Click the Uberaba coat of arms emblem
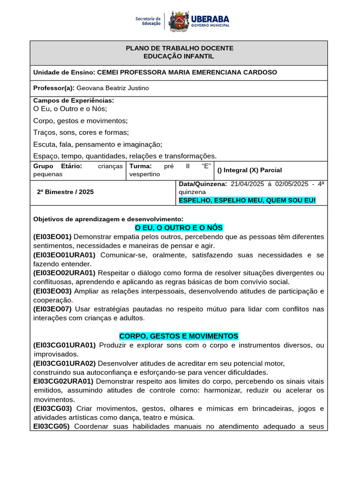(178, 21)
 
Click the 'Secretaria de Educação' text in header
(148, 21)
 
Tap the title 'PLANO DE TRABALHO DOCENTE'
(180, 48)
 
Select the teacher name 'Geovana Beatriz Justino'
(112, 88)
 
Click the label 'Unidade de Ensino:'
(64, 72)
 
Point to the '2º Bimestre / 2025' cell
(65, 192)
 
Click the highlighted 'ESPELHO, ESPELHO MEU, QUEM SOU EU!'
(247, 200)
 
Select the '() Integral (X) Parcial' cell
(250, 170)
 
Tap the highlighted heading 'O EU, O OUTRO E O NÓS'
(179, 228)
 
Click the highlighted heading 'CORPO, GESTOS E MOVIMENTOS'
(179, 336)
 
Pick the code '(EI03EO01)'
(52, 237)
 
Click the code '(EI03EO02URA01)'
(64, 273)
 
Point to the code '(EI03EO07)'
(52, 309)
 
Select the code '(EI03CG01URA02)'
(64, 363)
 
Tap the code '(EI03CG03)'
(52, 408)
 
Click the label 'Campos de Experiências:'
(74, 100)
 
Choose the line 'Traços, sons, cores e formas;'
(81, 133)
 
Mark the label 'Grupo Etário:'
(58, 166)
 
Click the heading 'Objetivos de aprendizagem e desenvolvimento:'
(108, 219)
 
